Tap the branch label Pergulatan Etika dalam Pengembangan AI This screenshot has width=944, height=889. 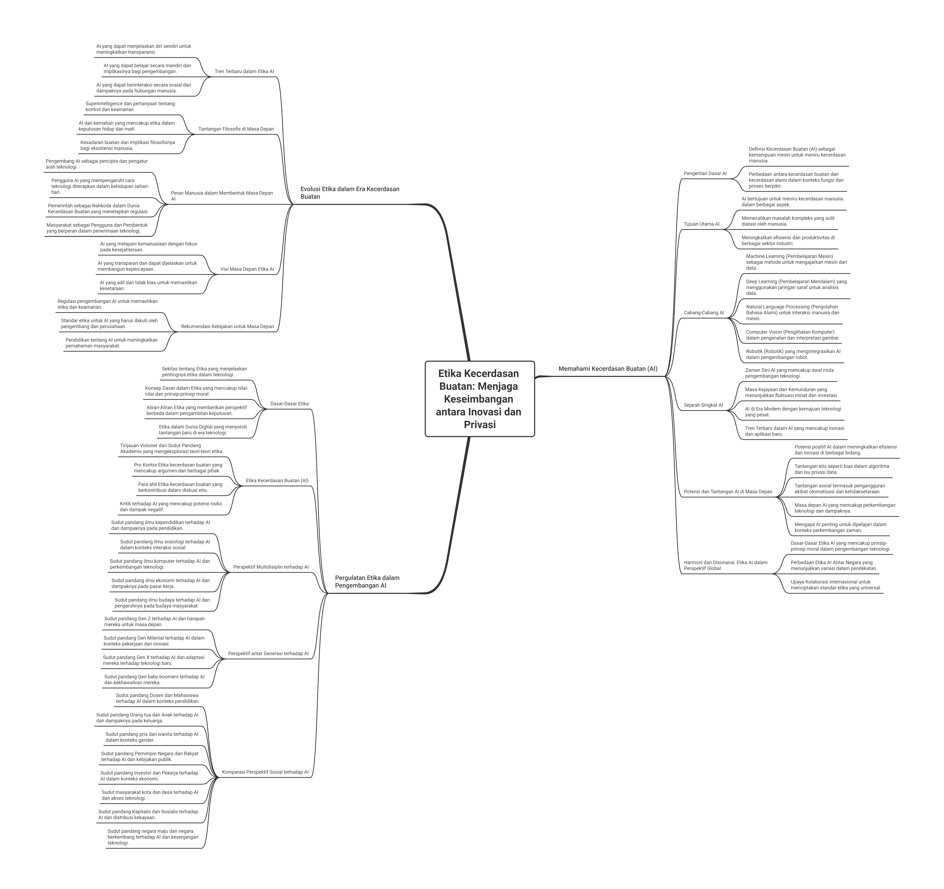tap(367, 582)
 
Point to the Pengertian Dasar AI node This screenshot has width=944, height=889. tap(705, 174)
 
